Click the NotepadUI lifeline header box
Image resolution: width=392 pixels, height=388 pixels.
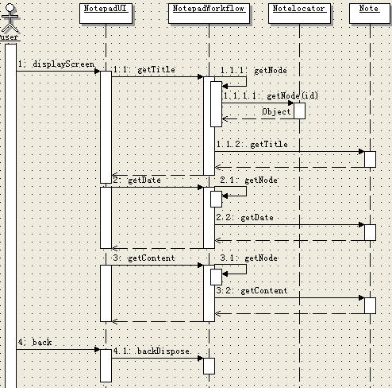point(106,14)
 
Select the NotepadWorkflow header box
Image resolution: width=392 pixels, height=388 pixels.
point(209,14)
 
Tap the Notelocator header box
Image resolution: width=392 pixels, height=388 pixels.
point(299,14)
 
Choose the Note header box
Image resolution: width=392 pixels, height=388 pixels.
point(370,14)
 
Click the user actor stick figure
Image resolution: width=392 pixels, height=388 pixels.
point(10,17)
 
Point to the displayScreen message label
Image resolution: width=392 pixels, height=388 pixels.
point(56,64)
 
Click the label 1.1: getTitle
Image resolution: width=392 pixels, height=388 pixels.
point(144,70)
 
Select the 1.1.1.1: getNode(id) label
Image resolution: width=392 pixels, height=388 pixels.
point(271,95)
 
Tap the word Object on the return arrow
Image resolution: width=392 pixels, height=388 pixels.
point(276,111)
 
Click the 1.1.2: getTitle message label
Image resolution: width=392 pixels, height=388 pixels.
point(252,145)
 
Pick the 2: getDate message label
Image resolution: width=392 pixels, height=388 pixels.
point(137,180)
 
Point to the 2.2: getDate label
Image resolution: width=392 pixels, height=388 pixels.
point(245,218)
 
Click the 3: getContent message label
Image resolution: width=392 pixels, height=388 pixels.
point(144,258)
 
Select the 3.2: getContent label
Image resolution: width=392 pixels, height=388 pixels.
point(252,291)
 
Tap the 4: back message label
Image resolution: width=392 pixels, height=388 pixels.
point(35,342)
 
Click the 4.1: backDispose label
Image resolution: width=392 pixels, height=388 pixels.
point(152,351)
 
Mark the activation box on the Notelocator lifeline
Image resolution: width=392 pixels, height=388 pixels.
point(299,111)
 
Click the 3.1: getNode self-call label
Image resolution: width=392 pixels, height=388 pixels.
point(249,258)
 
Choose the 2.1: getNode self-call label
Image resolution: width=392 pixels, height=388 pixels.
point(249,180)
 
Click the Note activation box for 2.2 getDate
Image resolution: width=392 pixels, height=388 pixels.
point(370,232)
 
